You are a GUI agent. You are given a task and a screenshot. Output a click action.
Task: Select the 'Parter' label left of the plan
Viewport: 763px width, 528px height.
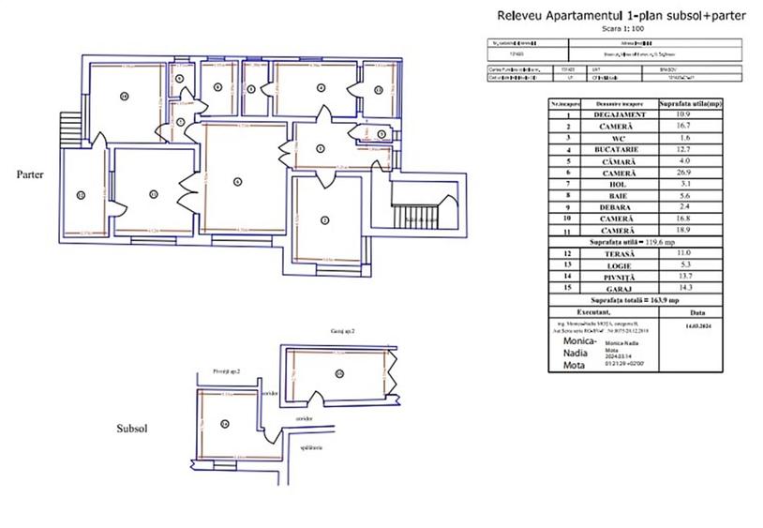[31, 174]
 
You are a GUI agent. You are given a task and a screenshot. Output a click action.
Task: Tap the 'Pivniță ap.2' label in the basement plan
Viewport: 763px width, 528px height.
[227, 371]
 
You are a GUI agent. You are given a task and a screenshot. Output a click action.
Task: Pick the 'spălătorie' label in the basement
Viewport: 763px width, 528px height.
[311, 448]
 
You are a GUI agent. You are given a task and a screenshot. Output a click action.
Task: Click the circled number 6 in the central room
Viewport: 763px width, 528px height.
[237, 181]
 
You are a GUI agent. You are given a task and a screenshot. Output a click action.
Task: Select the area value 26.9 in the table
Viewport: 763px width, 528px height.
[689, 173]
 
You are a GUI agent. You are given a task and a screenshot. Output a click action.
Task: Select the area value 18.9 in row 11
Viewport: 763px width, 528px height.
[689, 231]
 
